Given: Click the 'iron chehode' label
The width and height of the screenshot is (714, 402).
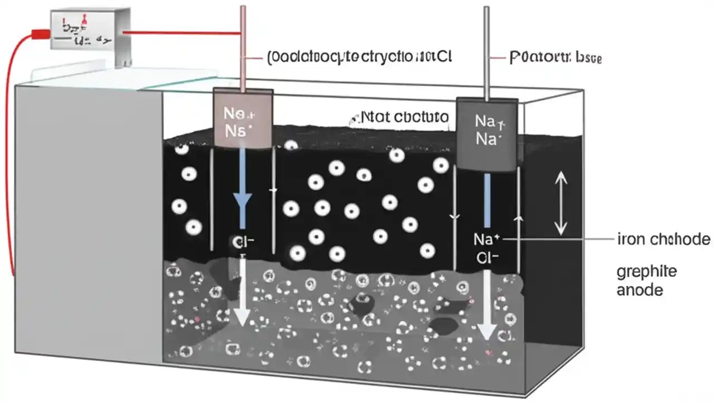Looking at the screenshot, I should point(664,240).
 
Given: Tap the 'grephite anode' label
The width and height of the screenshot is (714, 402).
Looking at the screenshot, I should point(647,281).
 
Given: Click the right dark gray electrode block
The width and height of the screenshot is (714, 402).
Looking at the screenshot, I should point(487,134).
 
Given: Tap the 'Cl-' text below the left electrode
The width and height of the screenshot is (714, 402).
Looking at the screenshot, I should point(243,242).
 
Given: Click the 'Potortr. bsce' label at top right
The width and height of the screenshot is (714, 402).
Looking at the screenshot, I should point(556,58).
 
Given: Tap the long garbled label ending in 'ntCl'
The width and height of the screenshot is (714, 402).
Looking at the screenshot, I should point(360,57).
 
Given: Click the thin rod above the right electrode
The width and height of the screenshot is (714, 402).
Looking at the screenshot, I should point(487,50).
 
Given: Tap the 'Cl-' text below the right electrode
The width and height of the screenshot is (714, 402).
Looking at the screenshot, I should point(487,258).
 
